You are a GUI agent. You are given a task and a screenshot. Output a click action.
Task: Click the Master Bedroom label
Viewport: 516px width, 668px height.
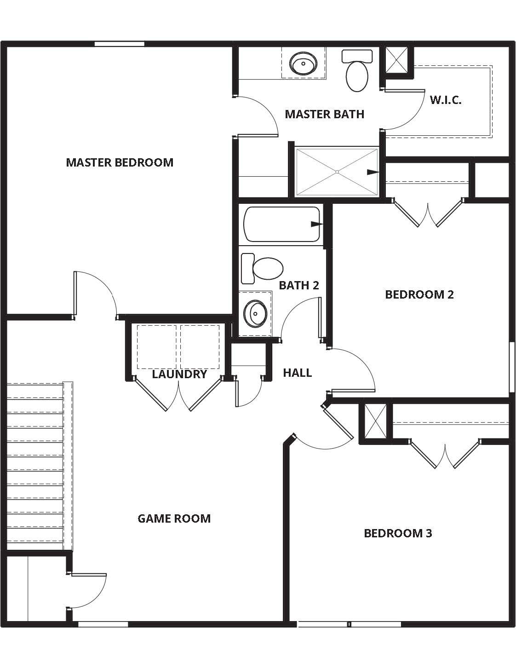(120, 162)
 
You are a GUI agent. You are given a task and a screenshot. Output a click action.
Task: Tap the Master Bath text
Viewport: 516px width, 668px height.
(324, 114)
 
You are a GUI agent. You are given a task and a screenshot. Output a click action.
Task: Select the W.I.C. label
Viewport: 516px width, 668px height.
(446, 100)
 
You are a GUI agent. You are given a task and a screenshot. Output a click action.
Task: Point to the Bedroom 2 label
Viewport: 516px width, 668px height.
(419, 294)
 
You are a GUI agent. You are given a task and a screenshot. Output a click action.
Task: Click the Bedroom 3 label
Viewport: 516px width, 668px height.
(398, 533)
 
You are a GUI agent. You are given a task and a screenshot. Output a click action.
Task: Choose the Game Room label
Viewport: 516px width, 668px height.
(174, 518)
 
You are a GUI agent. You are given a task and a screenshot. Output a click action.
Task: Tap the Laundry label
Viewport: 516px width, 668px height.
(179, 374)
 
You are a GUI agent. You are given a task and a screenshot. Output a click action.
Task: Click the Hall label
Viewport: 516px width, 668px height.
(298, 373)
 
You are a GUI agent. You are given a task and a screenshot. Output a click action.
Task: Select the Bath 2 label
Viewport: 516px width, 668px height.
(299, 285)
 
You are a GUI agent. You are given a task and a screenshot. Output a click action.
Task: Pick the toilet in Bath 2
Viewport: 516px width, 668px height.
(263, 268)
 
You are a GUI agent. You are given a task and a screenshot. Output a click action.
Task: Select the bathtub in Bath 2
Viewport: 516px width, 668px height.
(281, 224)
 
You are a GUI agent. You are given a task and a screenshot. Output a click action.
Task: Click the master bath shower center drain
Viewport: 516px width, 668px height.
(337, 172)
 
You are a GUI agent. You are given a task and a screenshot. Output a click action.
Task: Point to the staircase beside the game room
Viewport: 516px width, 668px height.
(36, 465)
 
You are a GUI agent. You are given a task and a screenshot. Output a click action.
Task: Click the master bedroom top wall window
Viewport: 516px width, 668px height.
(120, 44)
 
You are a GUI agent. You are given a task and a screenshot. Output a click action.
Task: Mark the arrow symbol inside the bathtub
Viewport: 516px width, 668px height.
(316, 224)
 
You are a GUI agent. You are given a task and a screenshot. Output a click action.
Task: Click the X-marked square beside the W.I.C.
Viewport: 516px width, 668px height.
(396, 60)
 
